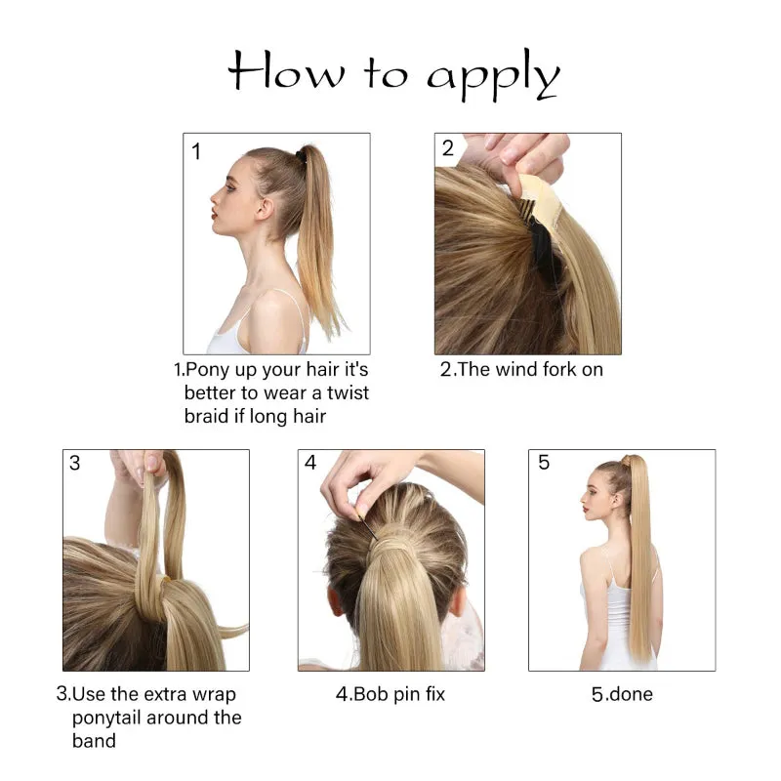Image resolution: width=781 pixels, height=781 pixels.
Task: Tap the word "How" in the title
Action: [x=284, y=70]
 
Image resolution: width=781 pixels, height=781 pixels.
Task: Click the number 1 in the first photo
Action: [x=196, y=151]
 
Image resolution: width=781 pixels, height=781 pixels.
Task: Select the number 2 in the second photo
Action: [x=448, y=149]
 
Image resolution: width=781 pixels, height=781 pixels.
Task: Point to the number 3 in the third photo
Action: [x=75, y=464]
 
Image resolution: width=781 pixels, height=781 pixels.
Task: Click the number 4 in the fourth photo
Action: [x=310, y=463]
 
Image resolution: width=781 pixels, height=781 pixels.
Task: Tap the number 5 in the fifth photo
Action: [x=544, y=463]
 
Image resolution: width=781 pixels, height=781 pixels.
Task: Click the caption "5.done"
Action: [x=622, y=695]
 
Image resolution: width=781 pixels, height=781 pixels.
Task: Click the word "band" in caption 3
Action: [x=94, y=741]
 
